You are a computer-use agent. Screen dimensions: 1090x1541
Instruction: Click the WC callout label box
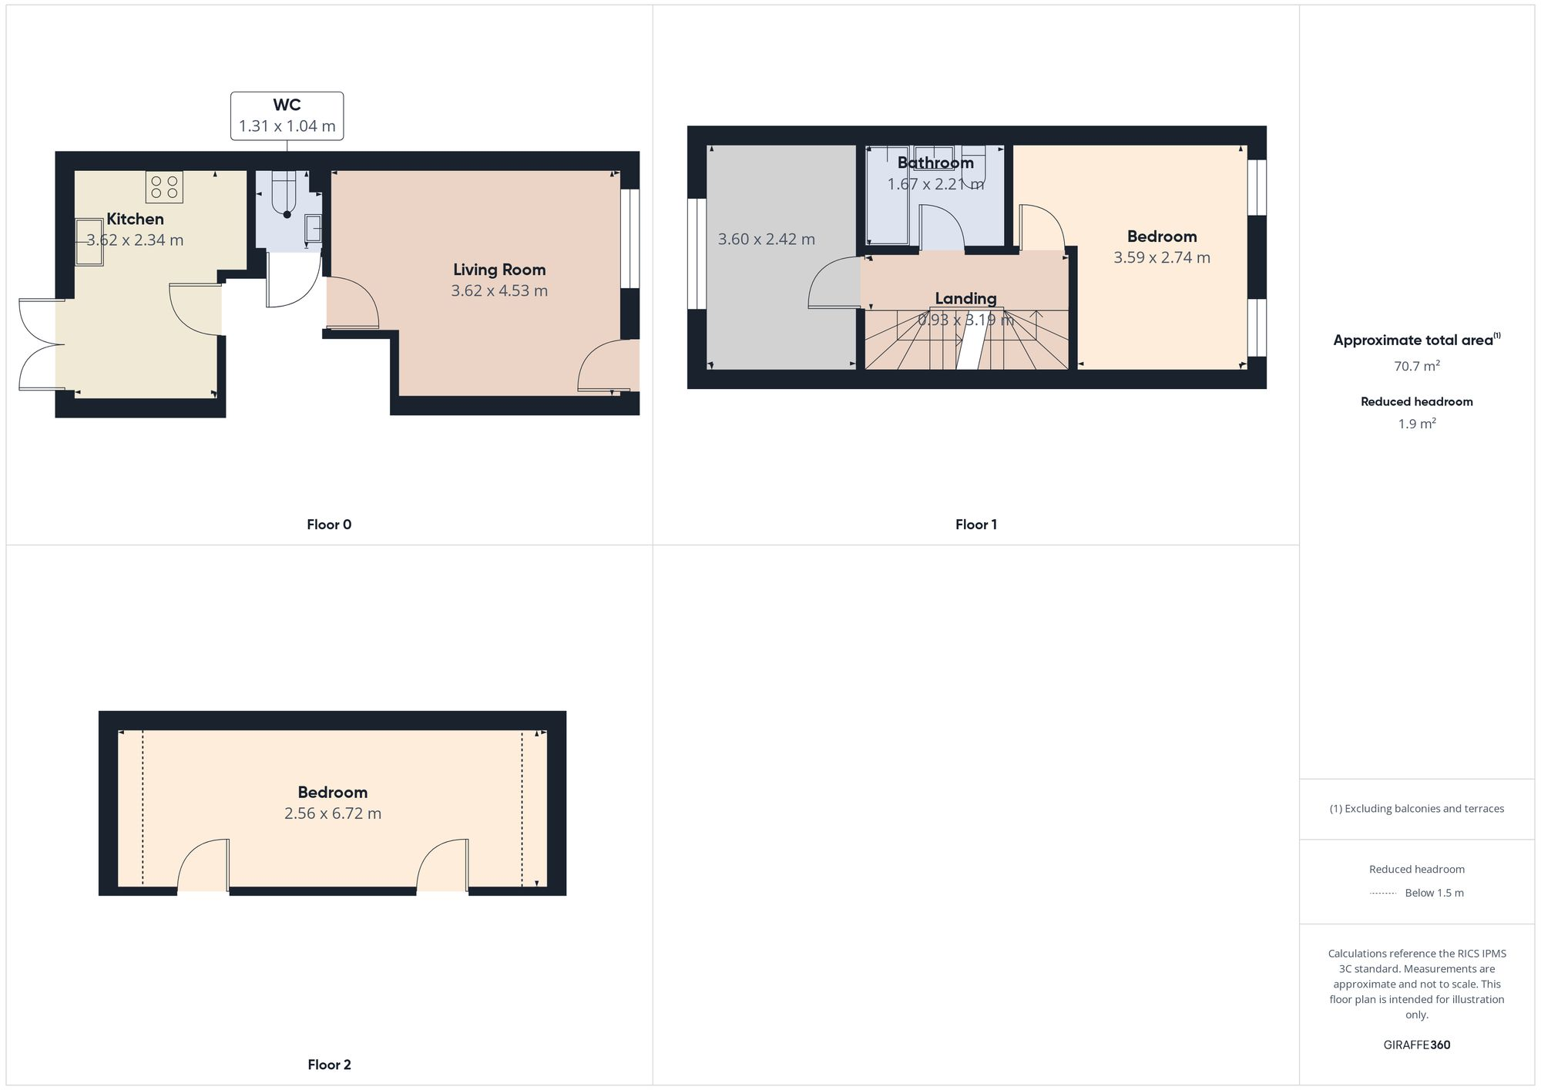287,116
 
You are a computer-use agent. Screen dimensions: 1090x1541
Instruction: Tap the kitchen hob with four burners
164,186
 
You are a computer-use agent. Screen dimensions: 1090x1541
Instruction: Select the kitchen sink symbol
89,242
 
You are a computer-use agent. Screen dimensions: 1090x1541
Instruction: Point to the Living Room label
499,270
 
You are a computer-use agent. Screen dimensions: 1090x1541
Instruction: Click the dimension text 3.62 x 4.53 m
499,291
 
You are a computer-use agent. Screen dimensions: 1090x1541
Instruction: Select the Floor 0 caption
329,525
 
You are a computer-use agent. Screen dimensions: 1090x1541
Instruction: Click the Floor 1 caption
975,525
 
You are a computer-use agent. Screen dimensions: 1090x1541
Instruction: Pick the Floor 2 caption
329,1065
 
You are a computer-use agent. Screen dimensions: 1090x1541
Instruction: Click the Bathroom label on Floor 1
935,163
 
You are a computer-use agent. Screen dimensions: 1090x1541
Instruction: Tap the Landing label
965,298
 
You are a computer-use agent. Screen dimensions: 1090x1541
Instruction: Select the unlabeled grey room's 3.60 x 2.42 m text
766,240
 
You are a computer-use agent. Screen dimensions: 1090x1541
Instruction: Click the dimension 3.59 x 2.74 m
1161,258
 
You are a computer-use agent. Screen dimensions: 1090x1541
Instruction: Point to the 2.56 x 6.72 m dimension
332,813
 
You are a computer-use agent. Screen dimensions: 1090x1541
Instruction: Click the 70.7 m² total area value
1416,367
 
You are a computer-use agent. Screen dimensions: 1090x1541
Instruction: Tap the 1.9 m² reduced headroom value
1416,424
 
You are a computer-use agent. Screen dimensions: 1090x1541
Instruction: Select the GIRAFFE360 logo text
1416,1045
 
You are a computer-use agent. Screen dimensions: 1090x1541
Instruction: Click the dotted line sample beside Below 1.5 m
1382,894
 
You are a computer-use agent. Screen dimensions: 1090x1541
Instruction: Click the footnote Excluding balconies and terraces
1416,809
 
